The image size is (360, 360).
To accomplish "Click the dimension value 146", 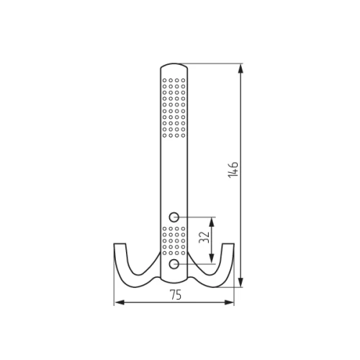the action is click(x=233, y=170).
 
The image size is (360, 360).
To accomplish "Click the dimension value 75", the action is click(x=176, y=295).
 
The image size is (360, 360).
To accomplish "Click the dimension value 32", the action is click(x=204, y=237).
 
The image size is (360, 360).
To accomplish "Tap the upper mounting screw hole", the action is click(x=174, y=217).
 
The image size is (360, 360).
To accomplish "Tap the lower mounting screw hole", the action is click(x=174, y=264).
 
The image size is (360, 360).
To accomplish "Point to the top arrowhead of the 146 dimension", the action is click(x=240, y=68).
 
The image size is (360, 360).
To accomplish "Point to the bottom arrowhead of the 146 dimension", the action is click(x=240, y=282).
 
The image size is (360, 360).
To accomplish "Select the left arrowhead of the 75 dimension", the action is click(x=120, y=302).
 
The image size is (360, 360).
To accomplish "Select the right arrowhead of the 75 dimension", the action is click(x=229, y=302).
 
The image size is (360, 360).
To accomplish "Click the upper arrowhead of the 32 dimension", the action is click(x=212, y=222).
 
